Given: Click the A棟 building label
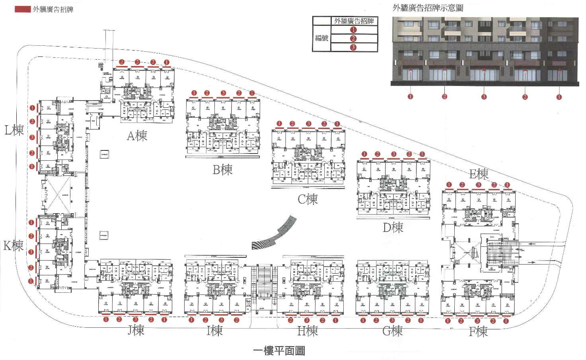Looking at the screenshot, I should coord(137,136).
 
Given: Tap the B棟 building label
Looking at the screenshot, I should coord(222,170).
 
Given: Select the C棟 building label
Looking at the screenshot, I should coord(308,199).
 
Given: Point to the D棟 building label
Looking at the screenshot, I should coord(393,228).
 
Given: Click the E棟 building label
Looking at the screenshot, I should coord(479,174).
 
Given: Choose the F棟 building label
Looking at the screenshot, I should coord(478,331).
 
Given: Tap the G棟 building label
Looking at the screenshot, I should coord(392,331).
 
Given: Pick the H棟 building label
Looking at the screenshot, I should coord(308,331).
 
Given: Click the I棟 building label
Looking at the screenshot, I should coord(214,331).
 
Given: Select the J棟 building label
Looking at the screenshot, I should coord(136,330).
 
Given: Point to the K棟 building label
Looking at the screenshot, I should coord(14,245).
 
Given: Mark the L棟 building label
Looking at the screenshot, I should coord(14,130).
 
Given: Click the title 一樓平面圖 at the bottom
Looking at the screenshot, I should coord(279,351).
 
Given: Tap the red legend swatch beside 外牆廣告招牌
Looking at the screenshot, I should coord(23,9).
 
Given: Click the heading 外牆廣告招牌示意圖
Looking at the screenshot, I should coord(428,8).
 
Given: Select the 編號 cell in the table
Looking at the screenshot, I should coord(322,38).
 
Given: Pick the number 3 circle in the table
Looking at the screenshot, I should coord(353,47).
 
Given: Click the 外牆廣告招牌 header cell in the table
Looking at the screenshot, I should coord(354,21).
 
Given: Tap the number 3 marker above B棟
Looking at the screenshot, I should coord(223,93).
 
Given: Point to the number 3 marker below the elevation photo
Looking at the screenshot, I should coord(484,97).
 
